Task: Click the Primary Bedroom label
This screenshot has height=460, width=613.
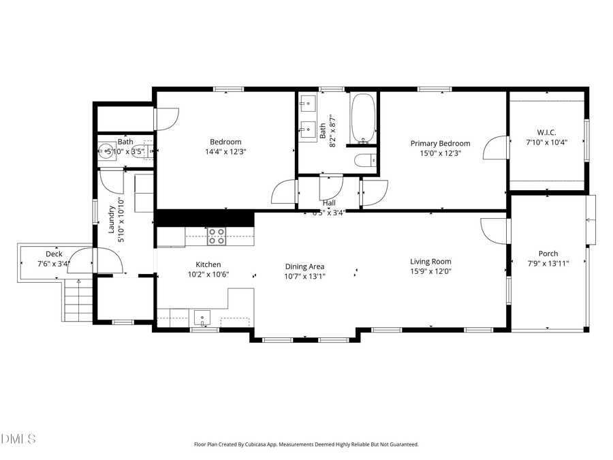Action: click(440, 143)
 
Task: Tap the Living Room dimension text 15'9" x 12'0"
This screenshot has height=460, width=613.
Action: click(430, 271)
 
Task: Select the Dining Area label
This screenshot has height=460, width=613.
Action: click(304, 266)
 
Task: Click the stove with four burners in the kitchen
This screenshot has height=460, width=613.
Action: click(217, 236)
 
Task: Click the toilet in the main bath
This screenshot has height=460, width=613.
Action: click(364, 161)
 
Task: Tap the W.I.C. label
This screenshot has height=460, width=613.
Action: click(547, 132)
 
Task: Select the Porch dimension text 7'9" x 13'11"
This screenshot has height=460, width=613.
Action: click(548, 263)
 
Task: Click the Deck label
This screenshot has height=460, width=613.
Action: click(54, 254)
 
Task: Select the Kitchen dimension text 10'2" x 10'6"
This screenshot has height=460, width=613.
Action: click(208, 274)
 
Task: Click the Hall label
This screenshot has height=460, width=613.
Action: click(329, 203)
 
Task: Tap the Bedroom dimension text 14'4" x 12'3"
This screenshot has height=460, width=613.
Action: click(226, 152)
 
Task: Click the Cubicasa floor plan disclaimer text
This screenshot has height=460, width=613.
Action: click(306, 444)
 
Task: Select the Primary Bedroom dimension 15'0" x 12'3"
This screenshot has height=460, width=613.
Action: click(440, 153)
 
